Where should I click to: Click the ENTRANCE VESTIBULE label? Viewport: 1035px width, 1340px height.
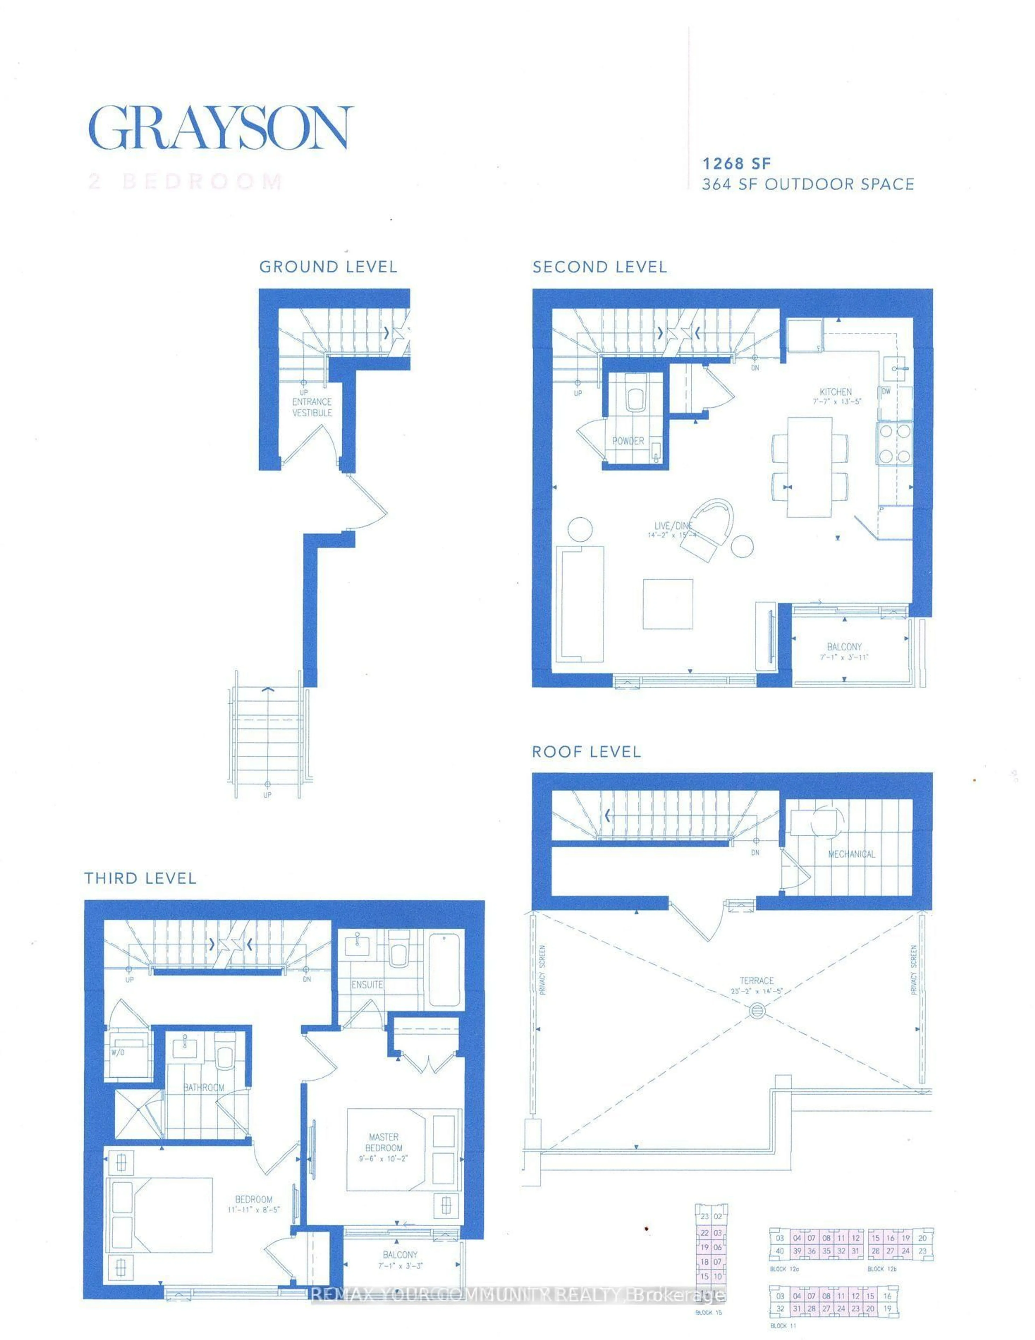[312, 407]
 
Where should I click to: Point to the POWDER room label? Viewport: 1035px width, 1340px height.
[628, 441]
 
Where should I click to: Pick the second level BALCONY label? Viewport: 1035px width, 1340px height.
[844, 647]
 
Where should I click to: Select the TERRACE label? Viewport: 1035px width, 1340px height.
[757, 980]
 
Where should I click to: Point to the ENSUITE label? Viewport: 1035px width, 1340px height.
[367, 985]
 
